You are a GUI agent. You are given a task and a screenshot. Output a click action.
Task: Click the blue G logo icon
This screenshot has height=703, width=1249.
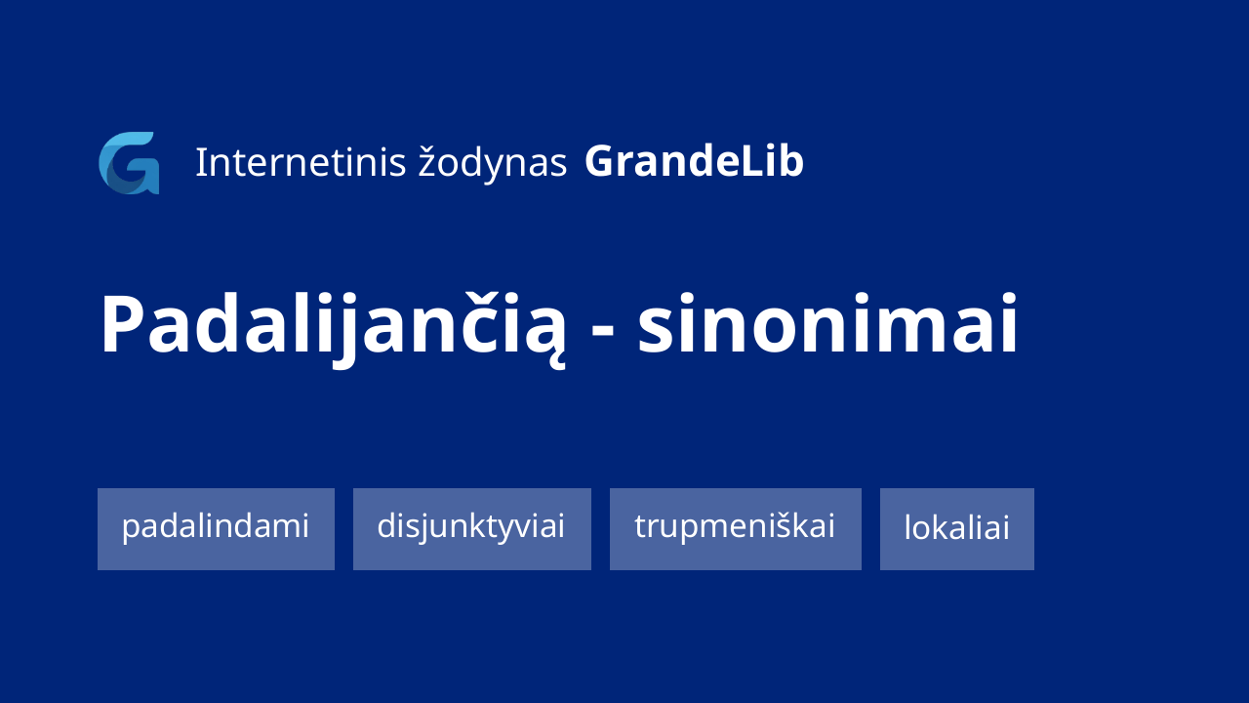(129, 163)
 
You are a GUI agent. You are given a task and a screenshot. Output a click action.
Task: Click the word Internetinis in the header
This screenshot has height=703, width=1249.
(301, 162)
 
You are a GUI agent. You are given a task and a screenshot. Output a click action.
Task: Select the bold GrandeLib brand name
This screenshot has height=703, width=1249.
(694, 162)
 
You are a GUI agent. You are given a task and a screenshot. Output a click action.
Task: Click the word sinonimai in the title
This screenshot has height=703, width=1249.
(828, 323)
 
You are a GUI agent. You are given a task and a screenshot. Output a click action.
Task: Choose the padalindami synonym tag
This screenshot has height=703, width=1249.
(216, 529)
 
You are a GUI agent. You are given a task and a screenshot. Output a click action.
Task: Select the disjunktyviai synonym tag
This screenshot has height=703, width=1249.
(471, 529)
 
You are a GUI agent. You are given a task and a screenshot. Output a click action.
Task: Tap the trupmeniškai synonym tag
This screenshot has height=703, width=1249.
(736, 529)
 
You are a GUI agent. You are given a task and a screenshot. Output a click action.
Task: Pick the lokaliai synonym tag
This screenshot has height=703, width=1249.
(957, 529)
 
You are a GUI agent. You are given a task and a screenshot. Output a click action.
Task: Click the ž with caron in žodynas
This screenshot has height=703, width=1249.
(426, 163)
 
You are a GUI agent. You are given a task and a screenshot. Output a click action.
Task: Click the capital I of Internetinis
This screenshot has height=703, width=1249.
(199, 162)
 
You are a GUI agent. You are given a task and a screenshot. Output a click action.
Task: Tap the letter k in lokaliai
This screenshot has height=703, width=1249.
(942, 527)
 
